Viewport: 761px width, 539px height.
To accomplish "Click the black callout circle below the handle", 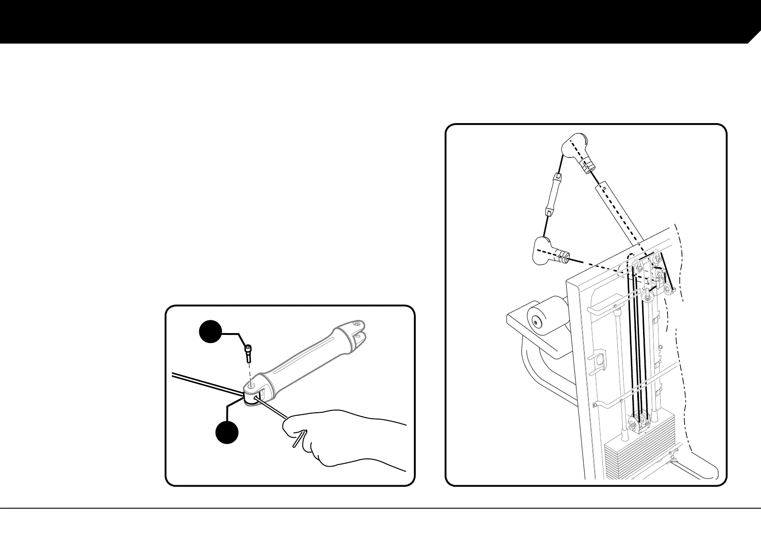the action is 227,431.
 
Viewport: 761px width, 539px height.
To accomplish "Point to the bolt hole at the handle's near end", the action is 252,385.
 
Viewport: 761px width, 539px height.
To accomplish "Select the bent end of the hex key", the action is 300,438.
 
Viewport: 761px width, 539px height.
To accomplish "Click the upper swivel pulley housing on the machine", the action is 577,153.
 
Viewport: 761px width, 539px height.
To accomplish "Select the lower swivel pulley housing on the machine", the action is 550,251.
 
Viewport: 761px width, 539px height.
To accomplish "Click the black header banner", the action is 362,20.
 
